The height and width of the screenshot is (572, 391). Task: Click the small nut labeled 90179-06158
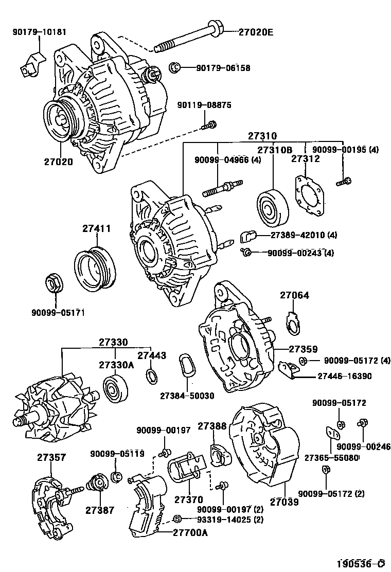pos(174,67)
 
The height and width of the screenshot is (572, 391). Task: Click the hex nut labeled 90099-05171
pos(54,282)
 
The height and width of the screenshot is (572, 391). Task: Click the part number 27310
pos(262,136)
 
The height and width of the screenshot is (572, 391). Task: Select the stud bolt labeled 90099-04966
pos(220,189)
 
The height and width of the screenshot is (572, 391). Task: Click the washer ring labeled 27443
pos(151,377)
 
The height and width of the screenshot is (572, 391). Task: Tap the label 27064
pos(294,296)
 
